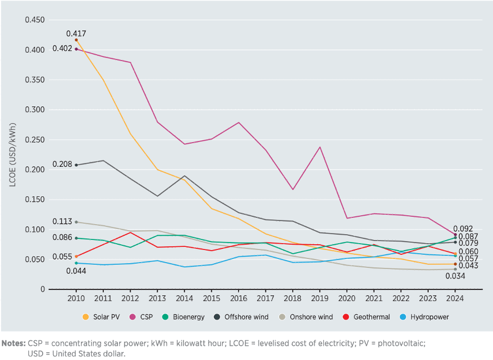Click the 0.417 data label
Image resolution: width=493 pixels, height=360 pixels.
(76, 34)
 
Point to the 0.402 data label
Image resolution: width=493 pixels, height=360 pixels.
(62, 49)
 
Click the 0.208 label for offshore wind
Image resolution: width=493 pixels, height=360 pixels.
(62, 164)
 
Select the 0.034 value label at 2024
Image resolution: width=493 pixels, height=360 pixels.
(455, 276)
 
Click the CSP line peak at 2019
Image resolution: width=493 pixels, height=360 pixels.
(320, 147)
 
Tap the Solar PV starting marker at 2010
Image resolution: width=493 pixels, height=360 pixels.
(76, 40)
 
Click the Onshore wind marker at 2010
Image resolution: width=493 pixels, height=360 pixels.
(76, 222)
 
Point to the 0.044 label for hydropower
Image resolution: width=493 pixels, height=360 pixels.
(76, 271)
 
